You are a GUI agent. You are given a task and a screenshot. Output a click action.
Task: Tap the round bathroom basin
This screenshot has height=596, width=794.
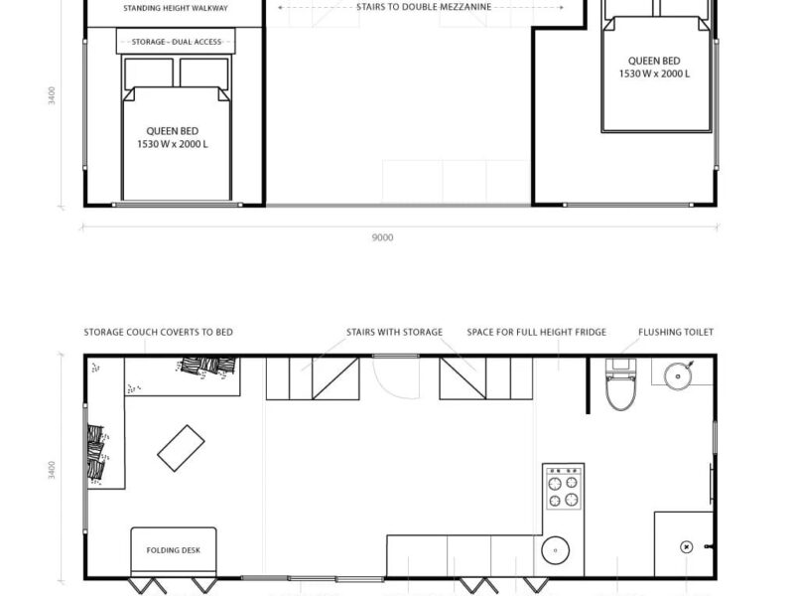click(678, 375)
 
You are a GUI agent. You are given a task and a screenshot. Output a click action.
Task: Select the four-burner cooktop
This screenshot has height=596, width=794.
click(563, 488)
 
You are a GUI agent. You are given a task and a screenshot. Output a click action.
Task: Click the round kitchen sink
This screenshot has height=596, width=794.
click(556, 550)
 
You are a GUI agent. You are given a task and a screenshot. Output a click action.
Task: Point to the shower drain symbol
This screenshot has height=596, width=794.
click(686, 547)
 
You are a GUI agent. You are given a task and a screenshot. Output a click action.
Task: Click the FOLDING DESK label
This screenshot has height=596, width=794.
click(173, 550)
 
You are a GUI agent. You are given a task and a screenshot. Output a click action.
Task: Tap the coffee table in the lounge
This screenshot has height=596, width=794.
click(181, 448)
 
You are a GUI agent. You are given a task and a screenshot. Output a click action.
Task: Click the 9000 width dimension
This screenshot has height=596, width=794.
click(382, 237)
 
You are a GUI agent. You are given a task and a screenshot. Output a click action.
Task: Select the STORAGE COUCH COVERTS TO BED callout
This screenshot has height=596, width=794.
click(158, 333)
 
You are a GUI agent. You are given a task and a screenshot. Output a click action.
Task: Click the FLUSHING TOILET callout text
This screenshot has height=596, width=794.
click(676, 333)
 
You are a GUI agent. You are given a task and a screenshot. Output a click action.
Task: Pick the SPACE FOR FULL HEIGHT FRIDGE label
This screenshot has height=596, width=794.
click(536, 333)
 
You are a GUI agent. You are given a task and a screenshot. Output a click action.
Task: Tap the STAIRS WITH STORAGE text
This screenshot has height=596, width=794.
click(394, 333)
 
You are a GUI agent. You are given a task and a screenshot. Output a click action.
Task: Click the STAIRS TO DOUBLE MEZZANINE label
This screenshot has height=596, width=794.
click(424, 7)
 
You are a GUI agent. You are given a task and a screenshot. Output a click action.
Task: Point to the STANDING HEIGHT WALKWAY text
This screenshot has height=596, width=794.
click(176, 8)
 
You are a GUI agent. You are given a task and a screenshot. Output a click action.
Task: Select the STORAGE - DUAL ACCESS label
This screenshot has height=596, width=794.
click(177, 42)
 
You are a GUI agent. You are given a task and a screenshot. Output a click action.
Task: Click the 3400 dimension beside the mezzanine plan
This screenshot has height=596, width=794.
click(52, 95)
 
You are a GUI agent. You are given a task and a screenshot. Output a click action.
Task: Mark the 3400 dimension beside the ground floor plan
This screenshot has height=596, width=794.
click(52, 470)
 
